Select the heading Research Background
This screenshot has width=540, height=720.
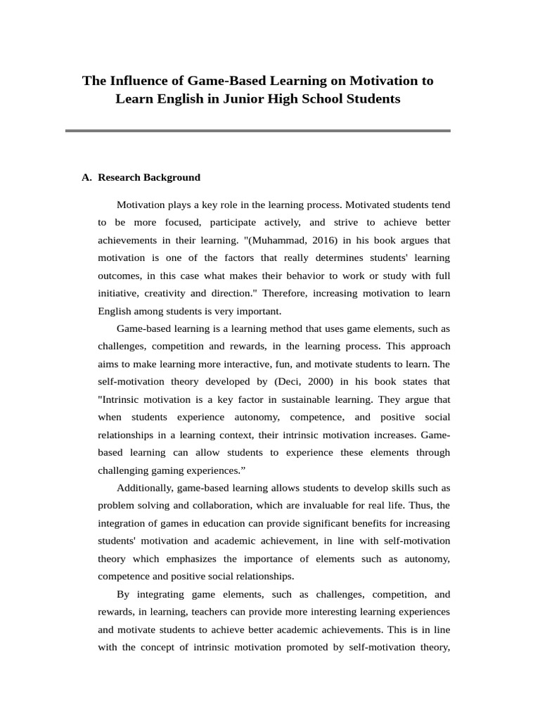(x=149, y=178)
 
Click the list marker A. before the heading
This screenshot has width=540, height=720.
(x=87, y=178)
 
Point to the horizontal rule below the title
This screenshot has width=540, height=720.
(x=257, y=131)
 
